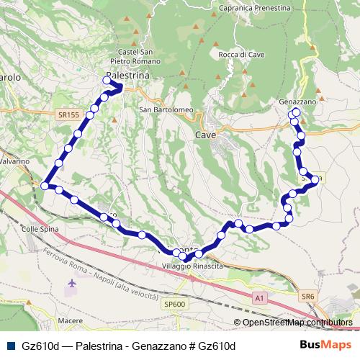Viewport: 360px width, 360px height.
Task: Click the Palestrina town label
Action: pyautogui.click(x=127, y=75)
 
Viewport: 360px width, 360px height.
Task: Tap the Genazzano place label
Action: pyautogui.click(x=298, y=102)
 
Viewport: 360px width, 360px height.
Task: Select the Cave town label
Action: pyautogui.click(x=206, y=134)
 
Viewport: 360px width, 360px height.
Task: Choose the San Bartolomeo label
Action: pyautogui.click(x=166, y=110)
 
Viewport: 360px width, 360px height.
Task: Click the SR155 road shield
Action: pyautogui.click(x=69, y=114)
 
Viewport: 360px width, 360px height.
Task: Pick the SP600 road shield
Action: pyautogui.click(x=174, y=305)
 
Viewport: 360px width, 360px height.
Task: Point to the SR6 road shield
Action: pyautogui.click(x=309, y=296)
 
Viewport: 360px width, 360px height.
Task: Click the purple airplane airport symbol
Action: pyautogui.click(x=71, y=284)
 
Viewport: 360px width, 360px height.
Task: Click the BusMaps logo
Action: pyautogui.click(x=327, y=346)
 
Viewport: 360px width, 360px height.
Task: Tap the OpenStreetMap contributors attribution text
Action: pyautogui.click(x=297, y=323)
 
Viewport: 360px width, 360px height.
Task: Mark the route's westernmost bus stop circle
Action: pyautogui.click(x=45, y=186)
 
